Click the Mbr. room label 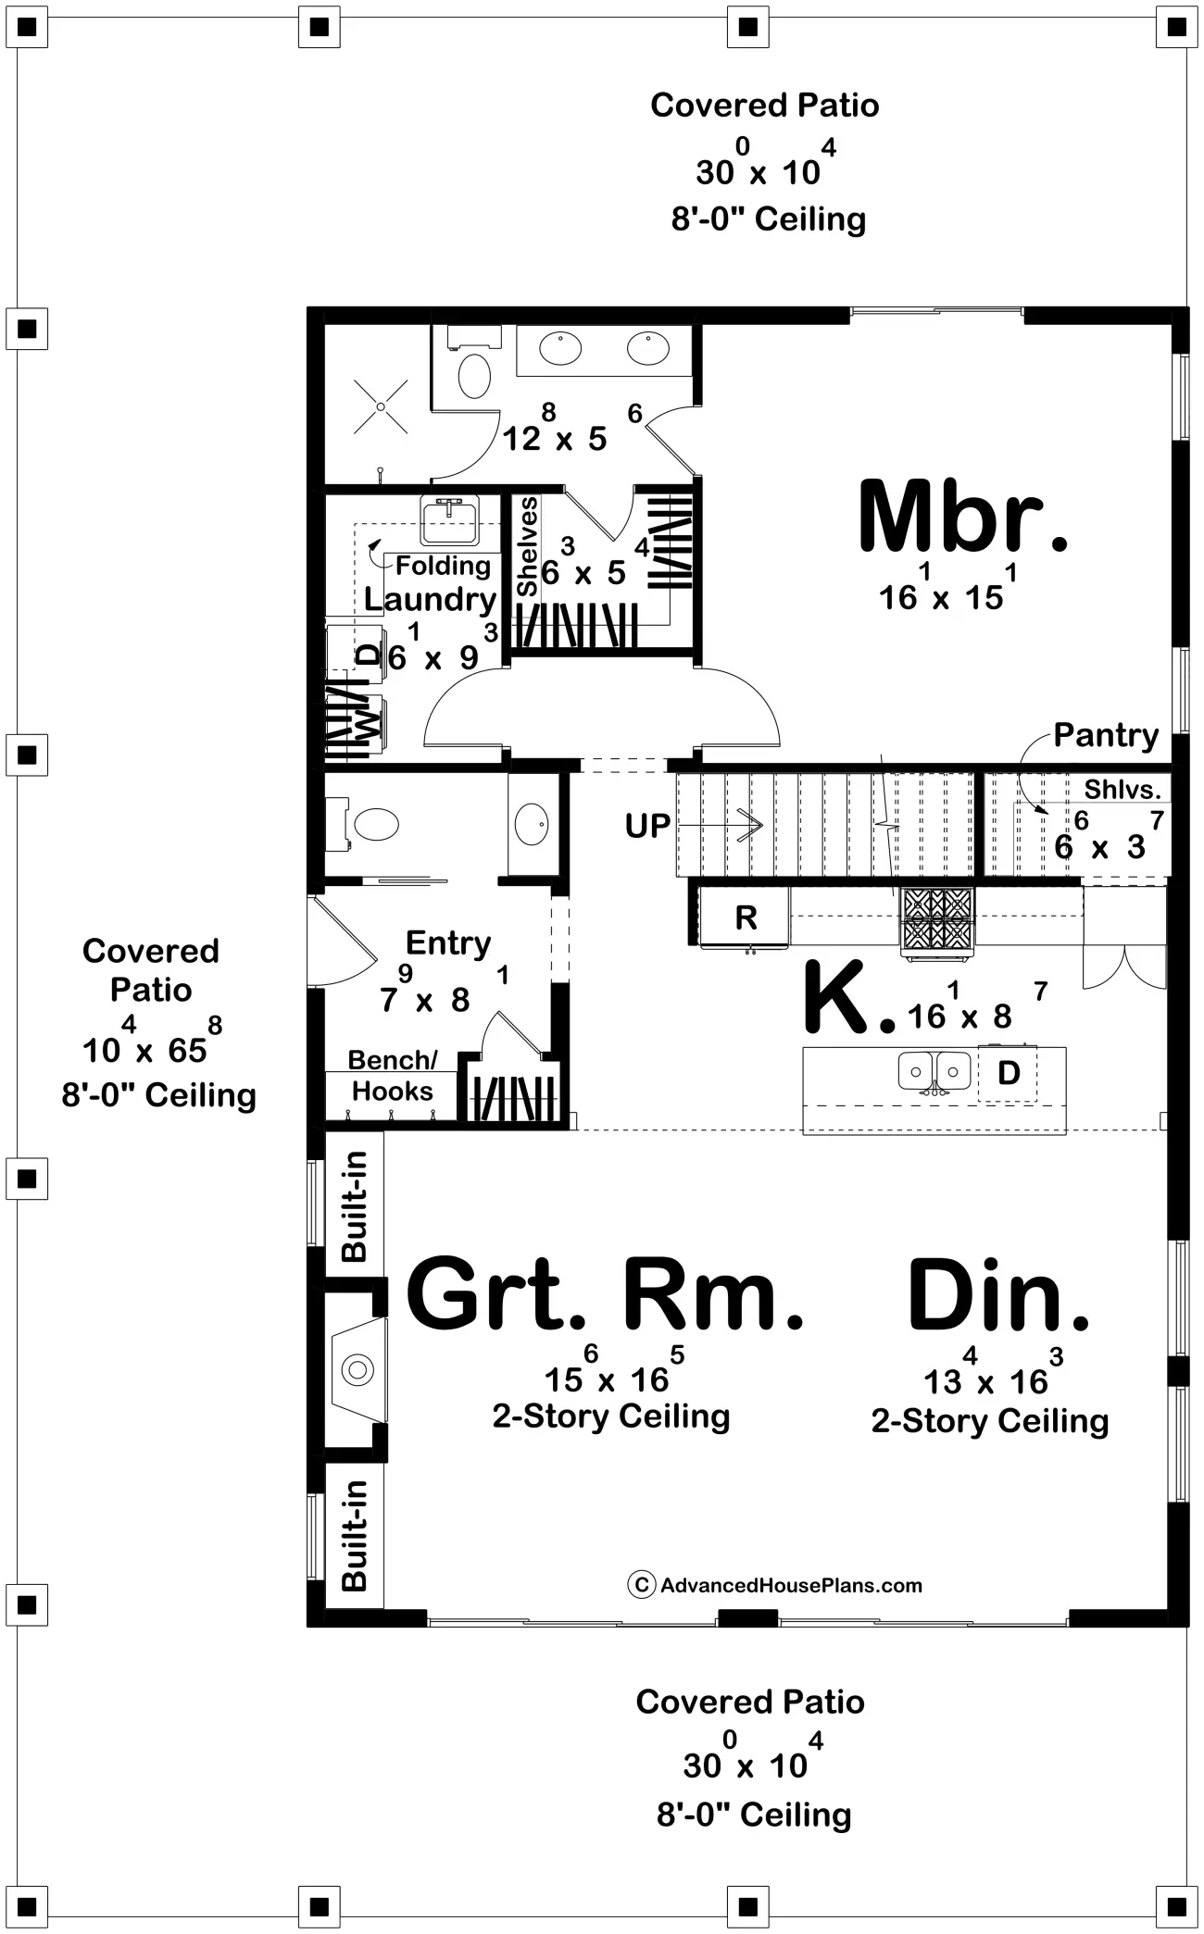click(963, 517)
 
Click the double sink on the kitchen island click(934, 1071)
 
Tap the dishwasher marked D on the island click(1008, 1073)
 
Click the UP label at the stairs click(647, 825)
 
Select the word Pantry click(1106, 736)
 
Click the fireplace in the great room click(357, 1368)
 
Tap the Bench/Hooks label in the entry click(391, 1076)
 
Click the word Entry click(448, 943)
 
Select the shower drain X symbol click(381, 406)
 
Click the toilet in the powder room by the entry click(370, 824)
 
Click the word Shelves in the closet click(528, 546)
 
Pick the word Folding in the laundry click(444, 565)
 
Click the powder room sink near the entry click(532, 823)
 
